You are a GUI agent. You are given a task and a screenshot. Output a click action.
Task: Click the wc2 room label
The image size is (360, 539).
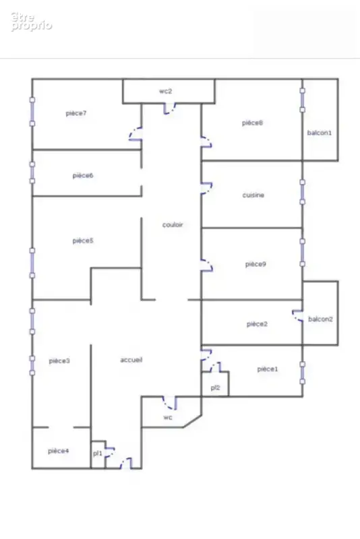coord(165,92)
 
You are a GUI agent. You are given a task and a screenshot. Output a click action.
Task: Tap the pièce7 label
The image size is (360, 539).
coord(76,113)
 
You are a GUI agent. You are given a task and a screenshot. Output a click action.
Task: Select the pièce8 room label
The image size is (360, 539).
coord(252,123)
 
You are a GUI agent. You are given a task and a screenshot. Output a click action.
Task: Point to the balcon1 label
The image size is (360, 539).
coord(320,133)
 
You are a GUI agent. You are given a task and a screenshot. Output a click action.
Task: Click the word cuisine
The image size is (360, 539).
coord(253,195)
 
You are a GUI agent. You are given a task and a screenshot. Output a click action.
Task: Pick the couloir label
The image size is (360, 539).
coord(173,225)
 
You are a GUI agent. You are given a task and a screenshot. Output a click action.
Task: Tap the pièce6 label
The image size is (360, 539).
coord(83,176)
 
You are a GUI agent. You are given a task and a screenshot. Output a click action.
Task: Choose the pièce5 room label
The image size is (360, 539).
coord(83,241)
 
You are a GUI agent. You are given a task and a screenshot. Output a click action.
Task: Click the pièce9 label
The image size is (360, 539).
coord(256,264)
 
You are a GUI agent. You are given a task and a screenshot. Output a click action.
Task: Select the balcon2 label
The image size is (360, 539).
coord(320,319)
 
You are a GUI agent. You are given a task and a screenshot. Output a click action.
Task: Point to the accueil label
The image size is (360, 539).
coord(131,360)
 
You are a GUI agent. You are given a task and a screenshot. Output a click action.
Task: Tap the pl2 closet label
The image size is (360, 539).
coord(215,388)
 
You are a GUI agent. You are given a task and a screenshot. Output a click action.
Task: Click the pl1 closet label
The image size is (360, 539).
coord(98,453)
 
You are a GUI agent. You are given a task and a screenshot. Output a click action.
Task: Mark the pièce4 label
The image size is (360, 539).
coord(59,451)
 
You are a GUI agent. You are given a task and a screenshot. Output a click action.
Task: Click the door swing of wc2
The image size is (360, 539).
coord(169,108)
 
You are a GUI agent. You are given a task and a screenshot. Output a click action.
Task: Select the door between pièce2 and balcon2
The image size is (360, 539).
coord(298,315)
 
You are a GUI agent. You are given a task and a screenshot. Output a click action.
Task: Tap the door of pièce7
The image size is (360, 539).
coord(136,133)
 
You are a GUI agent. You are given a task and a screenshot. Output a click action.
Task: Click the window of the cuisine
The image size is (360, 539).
coord(303,192)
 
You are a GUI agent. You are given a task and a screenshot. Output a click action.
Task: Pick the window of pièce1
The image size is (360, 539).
coord(303,373)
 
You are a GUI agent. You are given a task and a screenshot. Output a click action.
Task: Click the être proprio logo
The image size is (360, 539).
coord(31,22)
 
